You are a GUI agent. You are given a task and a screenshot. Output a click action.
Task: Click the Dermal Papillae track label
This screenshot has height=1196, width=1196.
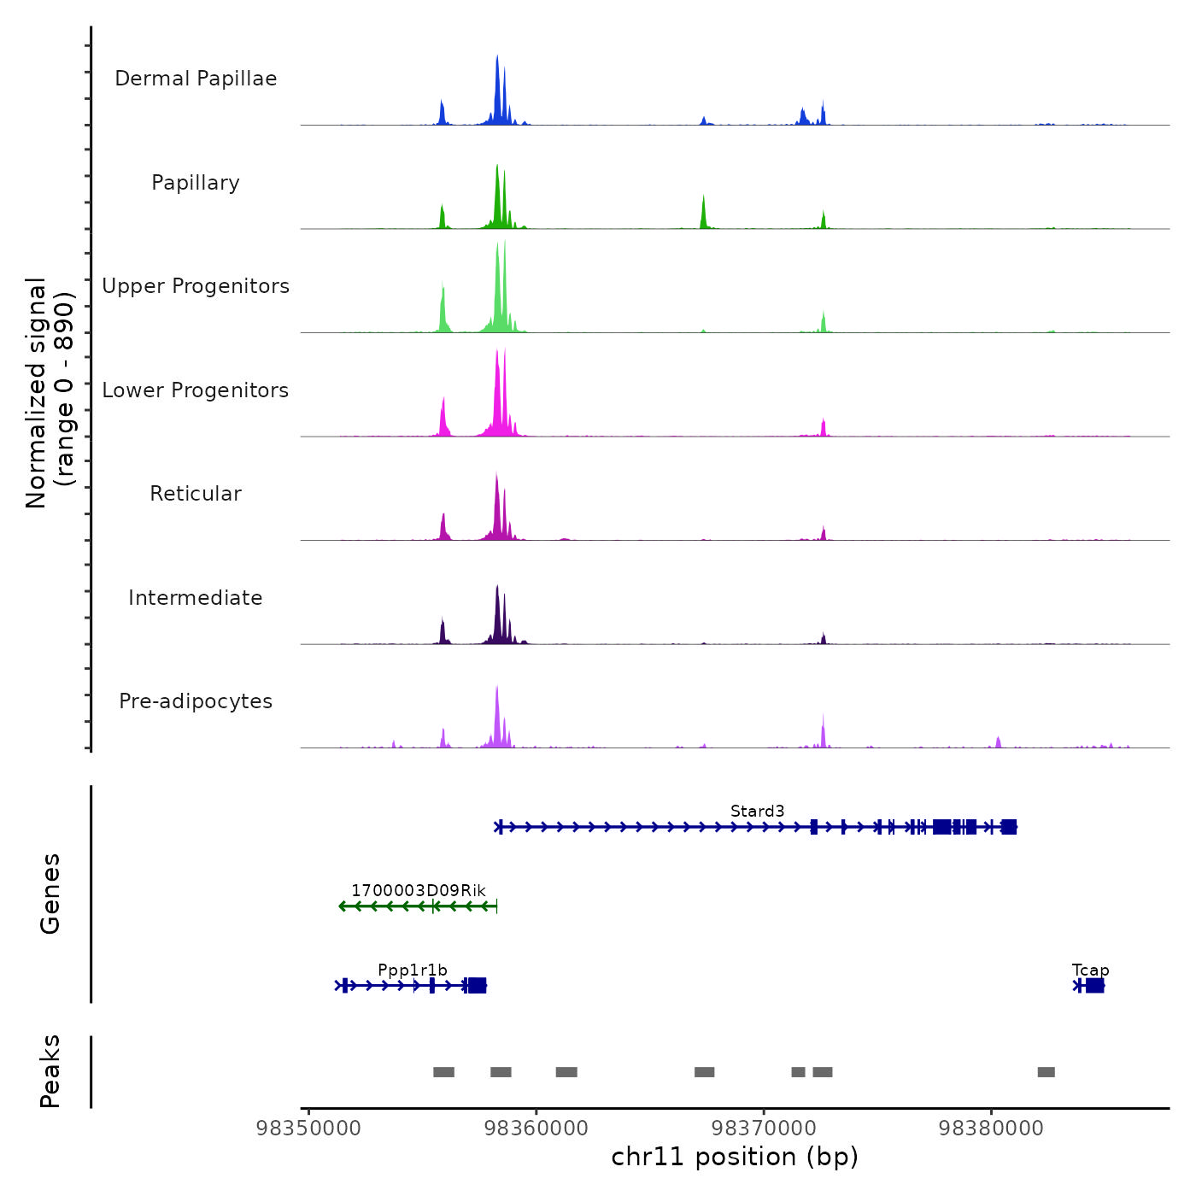click(x=196, y=79)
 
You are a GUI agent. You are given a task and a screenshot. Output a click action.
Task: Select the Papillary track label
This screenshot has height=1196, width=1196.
click(x=196, y=183)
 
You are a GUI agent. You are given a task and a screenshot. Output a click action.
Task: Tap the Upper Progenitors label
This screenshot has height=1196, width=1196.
click(x=196, y=286)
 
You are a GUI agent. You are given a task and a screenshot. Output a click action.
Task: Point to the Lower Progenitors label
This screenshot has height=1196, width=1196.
click(x=196, y=390)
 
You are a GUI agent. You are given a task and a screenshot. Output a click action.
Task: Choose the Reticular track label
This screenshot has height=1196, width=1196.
click(x=196, y=494)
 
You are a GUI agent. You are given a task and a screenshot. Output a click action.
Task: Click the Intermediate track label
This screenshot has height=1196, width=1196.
click(x=196, y=598)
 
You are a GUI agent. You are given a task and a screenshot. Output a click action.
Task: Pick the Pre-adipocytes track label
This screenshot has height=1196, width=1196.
click(x=196, y=701)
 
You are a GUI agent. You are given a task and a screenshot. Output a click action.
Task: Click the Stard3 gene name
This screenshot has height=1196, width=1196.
click(x=757, y=811)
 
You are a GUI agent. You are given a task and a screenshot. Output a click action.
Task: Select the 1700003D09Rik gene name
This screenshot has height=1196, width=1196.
click(x=418, y=890)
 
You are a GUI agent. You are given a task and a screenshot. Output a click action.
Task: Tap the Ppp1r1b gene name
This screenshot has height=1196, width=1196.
click(x=413, y=970)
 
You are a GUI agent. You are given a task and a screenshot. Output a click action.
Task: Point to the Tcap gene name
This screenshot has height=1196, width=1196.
click(x=1090, y=970)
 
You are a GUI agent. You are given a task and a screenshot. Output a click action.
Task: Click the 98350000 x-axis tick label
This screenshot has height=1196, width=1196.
click(x=308, y=1129)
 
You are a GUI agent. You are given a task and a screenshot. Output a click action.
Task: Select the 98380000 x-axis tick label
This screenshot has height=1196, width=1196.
click(x=991, y=1129)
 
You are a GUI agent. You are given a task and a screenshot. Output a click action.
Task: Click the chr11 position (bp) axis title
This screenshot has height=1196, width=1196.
click(x=735, y=1157)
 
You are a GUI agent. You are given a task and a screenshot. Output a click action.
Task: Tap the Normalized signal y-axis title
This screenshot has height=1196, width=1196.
click(x=50, y=393)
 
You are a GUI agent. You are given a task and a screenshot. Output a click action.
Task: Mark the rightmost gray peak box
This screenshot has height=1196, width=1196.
click(x=1046, y=1072)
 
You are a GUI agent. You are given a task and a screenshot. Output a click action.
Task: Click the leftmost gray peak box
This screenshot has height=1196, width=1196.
click(x=443, y=1072)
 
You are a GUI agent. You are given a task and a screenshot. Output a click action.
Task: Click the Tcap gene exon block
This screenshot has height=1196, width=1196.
click(x=1094, y=986)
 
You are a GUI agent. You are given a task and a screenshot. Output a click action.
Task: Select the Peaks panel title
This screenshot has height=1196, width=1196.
click(x=50, y=1071)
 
